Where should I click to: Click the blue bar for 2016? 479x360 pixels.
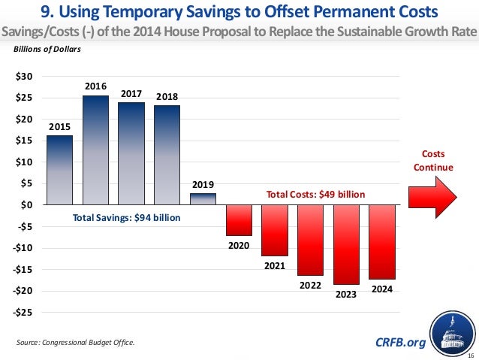(x=95, y=150)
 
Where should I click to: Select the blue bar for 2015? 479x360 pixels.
(x=59, y=170)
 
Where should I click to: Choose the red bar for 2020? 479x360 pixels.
(x=239, y=219)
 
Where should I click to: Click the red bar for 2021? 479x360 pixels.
(x=274, y=230)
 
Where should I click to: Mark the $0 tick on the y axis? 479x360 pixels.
(x=27, y=205)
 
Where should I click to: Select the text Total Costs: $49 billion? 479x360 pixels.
(x=316, y=194)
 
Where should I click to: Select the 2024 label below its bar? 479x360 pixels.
(x=382, y=287)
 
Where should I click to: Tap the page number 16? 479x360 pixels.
(x=470, y=353)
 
